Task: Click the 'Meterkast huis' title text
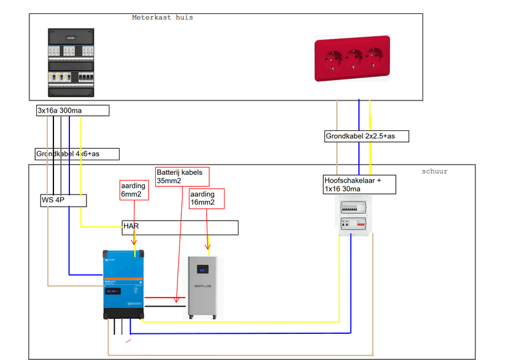(x=162, y=18)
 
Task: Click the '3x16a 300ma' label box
(x=72, y=111)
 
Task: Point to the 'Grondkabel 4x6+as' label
(x=77, y=154)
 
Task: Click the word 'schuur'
(x=435, y=171)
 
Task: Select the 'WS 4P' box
(x=63, y=201)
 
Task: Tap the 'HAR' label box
(x=180, y=227)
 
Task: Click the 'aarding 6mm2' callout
(x=134, y=190)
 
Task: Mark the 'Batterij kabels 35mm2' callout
(x=183, y=176)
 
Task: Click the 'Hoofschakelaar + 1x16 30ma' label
(x=359, y=184)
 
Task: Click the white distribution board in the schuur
(x=353, y=216)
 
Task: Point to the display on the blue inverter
(x=116, y=292)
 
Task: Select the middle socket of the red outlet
(x=351, y=59)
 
